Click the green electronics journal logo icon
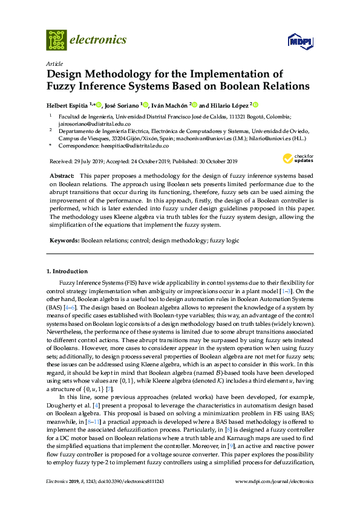coord(56,40)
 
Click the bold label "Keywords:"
coord(65,223)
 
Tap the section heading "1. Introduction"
coord(67,271)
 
